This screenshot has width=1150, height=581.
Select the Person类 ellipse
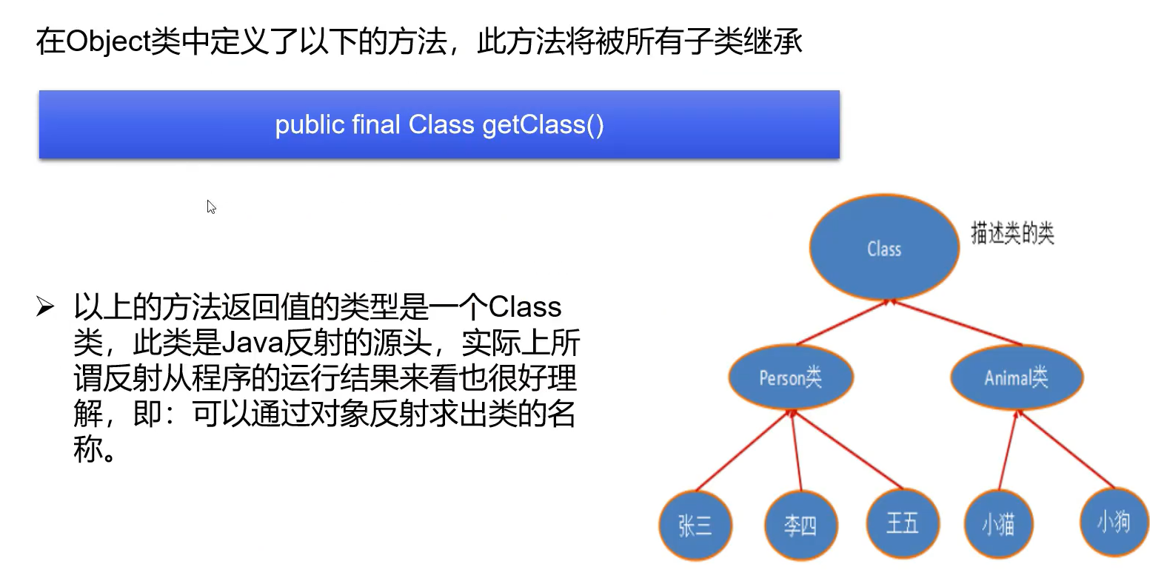click(790, 377)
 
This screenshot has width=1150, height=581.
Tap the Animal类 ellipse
click(1016, 377)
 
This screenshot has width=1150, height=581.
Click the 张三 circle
click(695, 525)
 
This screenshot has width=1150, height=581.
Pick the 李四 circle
click(800, 525)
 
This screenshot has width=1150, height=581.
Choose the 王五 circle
click(902, 523)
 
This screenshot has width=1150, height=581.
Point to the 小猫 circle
click(997, 524)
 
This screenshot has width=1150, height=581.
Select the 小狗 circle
click(1113, 522)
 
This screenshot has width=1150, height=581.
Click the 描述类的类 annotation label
click(1012, 233)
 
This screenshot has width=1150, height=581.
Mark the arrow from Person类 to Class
click(842, 323)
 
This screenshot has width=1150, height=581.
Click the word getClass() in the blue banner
click(543, 124)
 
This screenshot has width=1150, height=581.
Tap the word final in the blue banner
click(375, 124)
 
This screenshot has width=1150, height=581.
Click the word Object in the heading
click(108, 41)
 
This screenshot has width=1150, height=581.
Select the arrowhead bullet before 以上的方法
click(45, 306)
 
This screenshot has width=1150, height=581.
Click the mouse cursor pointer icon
click(211, 206)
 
